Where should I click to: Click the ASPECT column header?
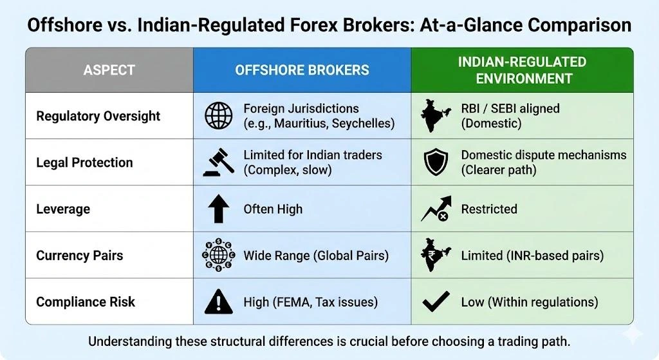109,70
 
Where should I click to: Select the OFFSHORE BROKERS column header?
302,70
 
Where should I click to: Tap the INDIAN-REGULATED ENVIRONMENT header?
522,70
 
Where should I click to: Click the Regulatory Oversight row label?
98,116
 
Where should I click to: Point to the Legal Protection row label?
84,162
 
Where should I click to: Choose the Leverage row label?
63,209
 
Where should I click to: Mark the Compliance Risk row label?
86,301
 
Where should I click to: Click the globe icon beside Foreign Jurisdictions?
218,116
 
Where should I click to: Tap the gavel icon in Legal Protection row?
218,163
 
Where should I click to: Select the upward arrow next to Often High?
218,209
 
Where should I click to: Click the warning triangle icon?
218,301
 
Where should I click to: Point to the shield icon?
436,163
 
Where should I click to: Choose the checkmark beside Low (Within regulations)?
436,301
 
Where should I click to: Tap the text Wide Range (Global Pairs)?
316,256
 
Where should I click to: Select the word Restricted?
489,209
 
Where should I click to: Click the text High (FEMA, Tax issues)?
310,301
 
